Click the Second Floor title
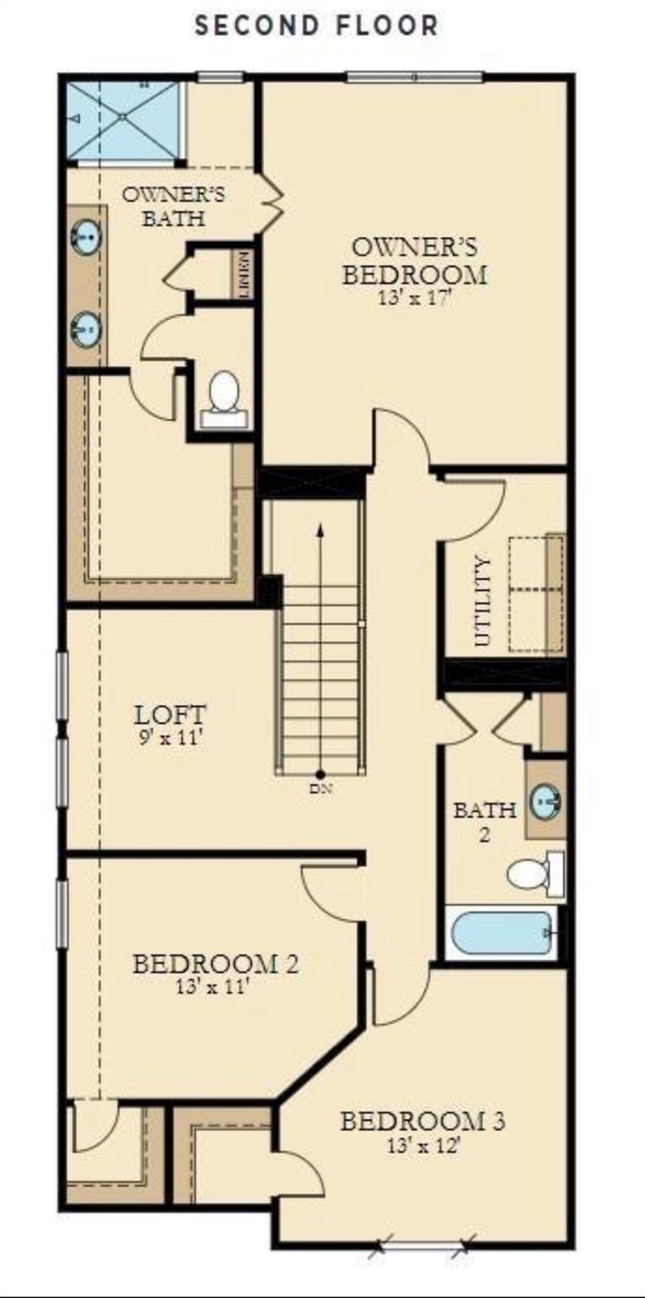(x=316, y=26)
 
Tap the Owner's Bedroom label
(x=415, y=261)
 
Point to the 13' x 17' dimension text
(x=415, y=297)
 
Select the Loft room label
(x=170, y=714)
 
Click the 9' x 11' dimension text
(x=170, y=739)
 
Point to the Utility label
(x=482, y=601)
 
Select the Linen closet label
(x=244, y=275)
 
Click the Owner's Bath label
(x=173, y=206)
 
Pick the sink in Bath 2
(x=546, y=802)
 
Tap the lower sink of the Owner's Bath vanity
(x=86, y=329)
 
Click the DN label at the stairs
(x=320, y=788)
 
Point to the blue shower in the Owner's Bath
(x=123, y=120)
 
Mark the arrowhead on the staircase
(x=320, y=530)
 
